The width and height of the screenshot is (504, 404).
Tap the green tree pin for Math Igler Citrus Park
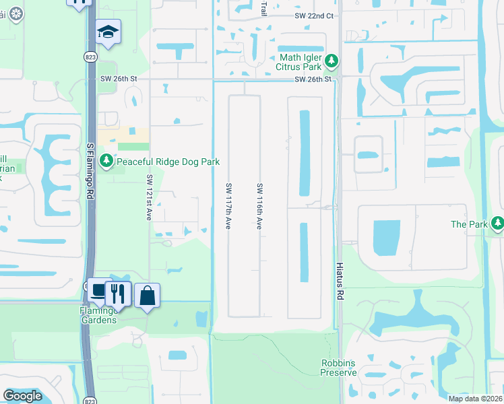click(x=331, y=62)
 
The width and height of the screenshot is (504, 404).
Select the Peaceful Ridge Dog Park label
click(x=168, y=162)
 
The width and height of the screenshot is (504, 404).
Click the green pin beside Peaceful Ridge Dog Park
click(x=106, y=161)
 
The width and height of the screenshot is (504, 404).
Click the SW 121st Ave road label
click(x=150, y=197)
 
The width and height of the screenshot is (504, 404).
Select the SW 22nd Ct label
click(x=314, y=15)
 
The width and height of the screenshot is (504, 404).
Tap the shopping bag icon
click(x=147, y=295)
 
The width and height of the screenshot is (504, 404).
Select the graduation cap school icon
click(x=108, y=32)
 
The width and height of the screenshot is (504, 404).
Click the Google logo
click(x=22, y=396)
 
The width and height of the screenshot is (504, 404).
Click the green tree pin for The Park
click(x=497, y=223)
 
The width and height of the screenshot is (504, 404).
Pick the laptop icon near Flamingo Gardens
click(x=99, y=290)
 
